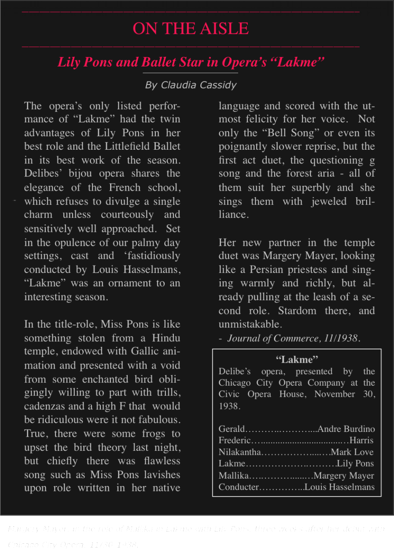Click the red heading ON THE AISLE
coord(191,29)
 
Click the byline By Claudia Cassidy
coord(191,85)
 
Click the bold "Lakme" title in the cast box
coord(297,359)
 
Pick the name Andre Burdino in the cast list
coord(346,429)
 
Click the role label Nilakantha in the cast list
coord(240,452)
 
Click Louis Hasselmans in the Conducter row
coord(339,487)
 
